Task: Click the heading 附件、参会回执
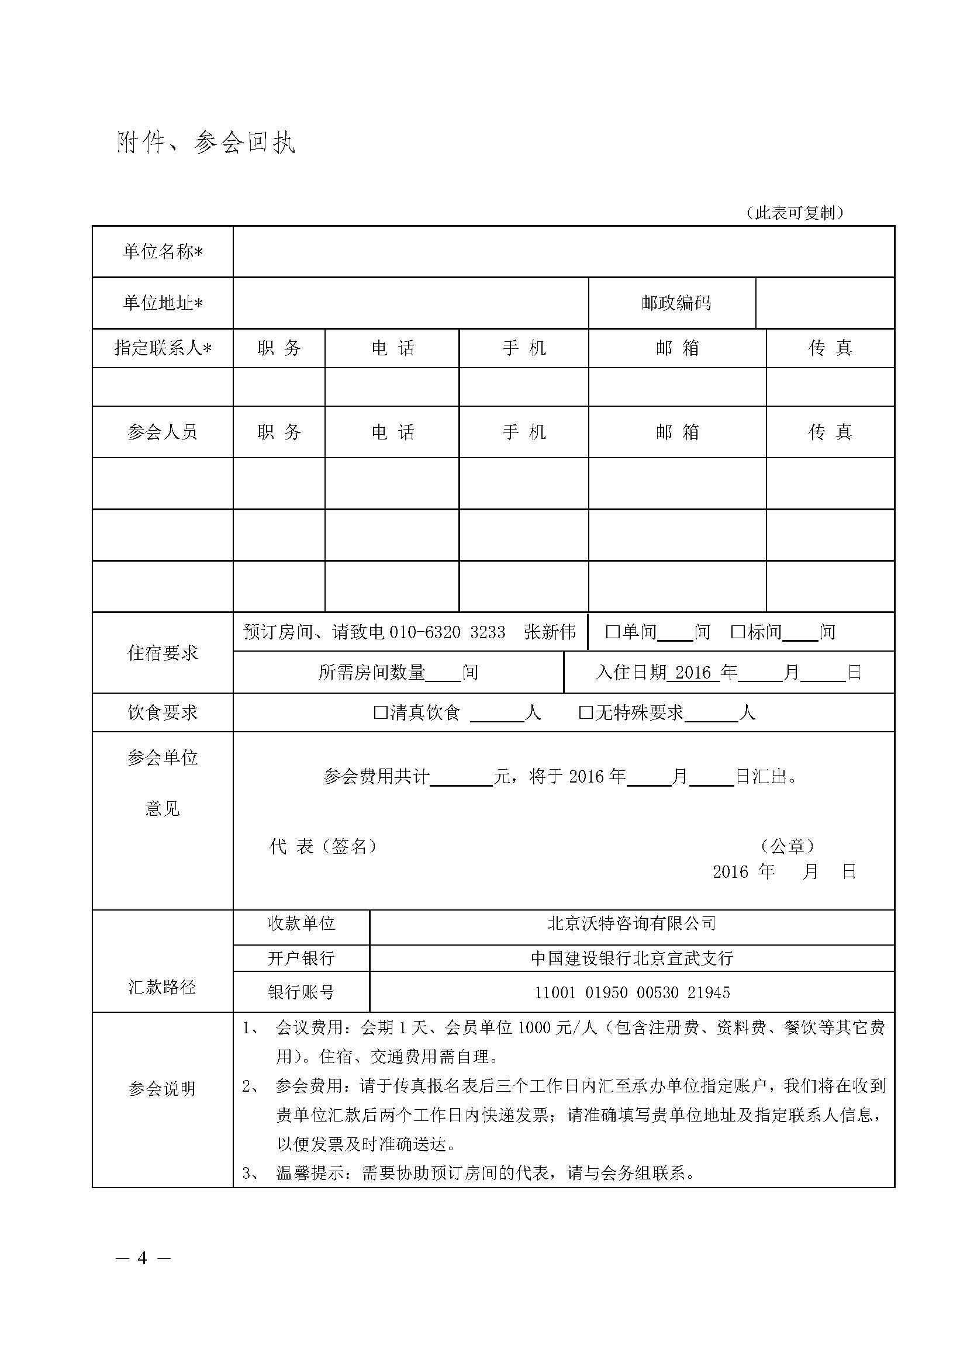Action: pos(206,143)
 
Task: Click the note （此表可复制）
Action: pos(795,213)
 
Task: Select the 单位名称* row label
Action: pos(163,252)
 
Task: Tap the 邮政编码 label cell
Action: pos(676,303)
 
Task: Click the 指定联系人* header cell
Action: pos(163,348)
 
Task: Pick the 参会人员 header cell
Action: pos(163,432)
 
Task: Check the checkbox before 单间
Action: pos(613,632)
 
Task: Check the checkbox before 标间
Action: pos(738,632)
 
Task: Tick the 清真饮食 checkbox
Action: pos(380,712)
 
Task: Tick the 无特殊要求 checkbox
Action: pos(586,712)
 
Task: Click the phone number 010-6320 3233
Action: pos(447,632)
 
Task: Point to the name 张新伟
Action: pos(550,632)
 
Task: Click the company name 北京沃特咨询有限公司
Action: pos(632,923)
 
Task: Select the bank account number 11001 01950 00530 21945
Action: pos(632,992)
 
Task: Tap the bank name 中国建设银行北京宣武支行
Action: pos(632,958)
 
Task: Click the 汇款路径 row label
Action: pos(163,987)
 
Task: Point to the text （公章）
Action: pos(788,846)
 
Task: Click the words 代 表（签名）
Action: pos(323,846)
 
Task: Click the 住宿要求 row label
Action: pos(163,653)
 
